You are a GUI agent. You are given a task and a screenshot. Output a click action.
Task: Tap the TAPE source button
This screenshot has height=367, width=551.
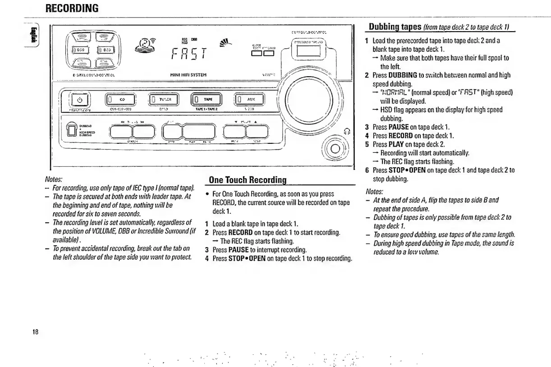point(206,99)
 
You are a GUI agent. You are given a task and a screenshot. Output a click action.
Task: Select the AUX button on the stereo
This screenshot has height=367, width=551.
point(249,99)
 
